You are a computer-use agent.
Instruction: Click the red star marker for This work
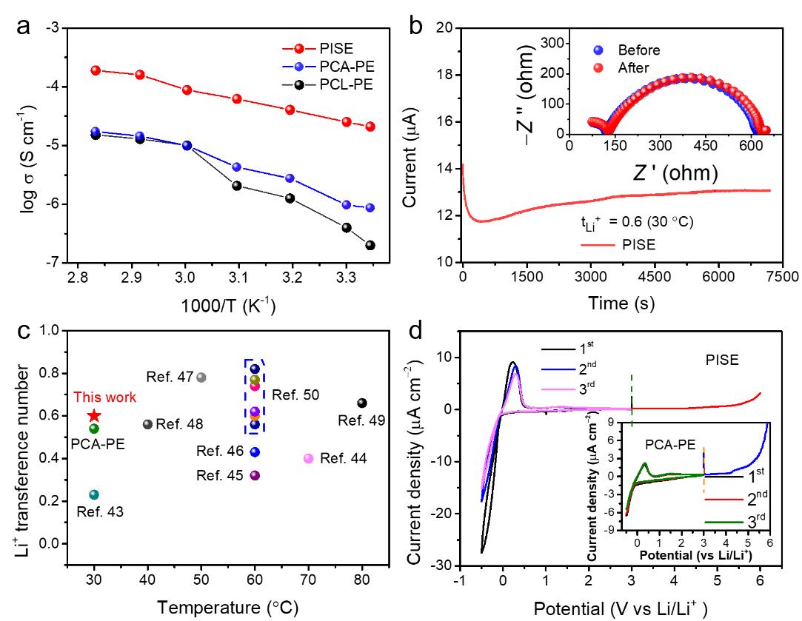click(94, 416)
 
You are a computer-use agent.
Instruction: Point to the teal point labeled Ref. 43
click(94, 494)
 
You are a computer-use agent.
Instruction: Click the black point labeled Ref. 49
click(362, 403)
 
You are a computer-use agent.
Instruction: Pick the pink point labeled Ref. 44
click(309, 458)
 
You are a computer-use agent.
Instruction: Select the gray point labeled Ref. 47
click(201, 377)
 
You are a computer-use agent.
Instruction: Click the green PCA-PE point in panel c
click(94, 428)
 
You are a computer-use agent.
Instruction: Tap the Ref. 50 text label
click(295, 395)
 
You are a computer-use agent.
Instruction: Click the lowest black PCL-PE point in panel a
click(370, 245)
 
